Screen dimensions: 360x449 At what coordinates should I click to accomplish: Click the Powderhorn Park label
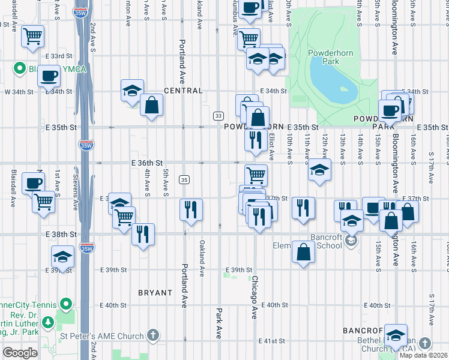(325, 57)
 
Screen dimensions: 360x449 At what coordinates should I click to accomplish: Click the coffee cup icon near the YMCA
(48, 76)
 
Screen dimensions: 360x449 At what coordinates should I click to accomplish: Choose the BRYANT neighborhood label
(155, 293)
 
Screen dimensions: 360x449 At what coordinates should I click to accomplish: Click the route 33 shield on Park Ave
(218, 115)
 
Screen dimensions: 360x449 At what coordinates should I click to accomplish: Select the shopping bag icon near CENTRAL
(152, 106)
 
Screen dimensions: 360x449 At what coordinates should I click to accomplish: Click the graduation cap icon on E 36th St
(319, 169)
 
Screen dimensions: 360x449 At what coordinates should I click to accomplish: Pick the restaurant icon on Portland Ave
(191, 210)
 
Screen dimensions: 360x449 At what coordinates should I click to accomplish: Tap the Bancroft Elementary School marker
(351, 241)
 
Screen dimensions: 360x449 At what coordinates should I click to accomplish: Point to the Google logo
(20, 352)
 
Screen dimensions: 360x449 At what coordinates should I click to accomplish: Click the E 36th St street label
(148, 163)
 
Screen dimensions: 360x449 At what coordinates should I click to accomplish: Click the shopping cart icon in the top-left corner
(34, 36)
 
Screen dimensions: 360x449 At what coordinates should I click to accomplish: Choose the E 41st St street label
(271, 341)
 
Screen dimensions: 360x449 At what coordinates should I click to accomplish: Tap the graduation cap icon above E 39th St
(62, 256)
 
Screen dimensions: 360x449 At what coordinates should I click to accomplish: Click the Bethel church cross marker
(425, 343)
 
